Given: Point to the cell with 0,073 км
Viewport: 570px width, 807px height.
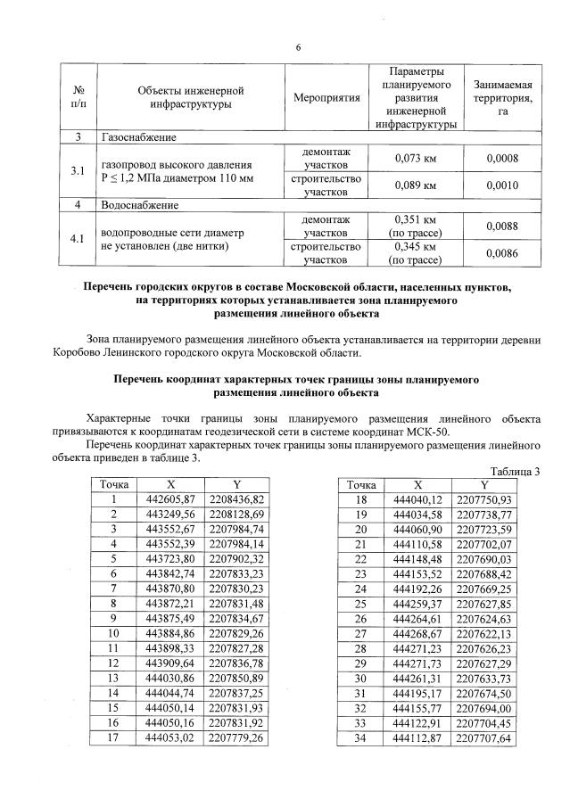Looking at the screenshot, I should [415, 158].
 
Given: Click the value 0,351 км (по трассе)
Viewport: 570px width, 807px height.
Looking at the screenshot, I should [415, 225].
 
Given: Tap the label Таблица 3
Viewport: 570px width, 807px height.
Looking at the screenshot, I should [516, 471].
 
